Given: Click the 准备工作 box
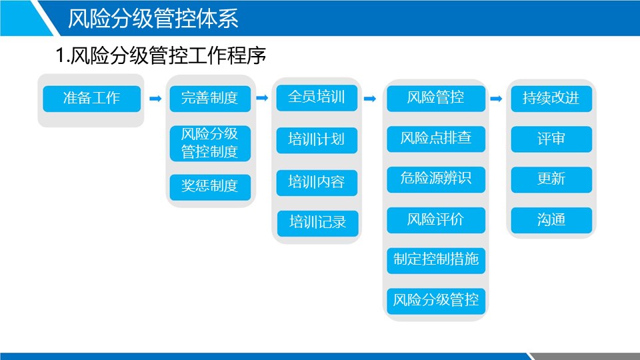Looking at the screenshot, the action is point(92,99).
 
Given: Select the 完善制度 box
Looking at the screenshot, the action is point(210,99).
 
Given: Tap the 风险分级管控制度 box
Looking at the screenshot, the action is point(210,143).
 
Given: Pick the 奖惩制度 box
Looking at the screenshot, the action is point(210,187).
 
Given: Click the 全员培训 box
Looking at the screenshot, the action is point(317,98).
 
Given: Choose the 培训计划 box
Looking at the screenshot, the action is point(317,141).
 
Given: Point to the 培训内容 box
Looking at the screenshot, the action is point(317,183).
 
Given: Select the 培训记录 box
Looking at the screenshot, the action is point(317,223).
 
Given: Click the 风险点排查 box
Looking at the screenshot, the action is point(436,139).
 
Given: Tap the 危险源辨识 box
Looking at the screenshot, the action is point(436,179).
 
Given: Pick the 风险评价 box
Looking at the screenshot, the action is point(436,221).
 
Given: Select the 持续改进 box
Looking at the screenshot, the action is point(551,99).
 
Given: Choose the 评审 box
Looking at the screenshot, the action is point(551,139).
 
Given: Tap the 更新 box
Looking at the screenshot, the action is point(551,179).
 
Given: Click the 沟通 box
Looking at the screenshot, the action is point(551,221).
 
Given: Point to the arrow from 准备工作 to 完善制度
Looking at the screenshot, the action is point(155,99).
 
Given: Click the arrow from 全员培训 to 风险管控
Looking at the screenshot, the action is point(370,99).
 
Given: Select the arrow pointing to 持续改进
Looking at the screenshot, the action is point(496,99).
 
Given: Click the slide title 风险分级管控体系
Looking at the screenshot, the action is point(153,19).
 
